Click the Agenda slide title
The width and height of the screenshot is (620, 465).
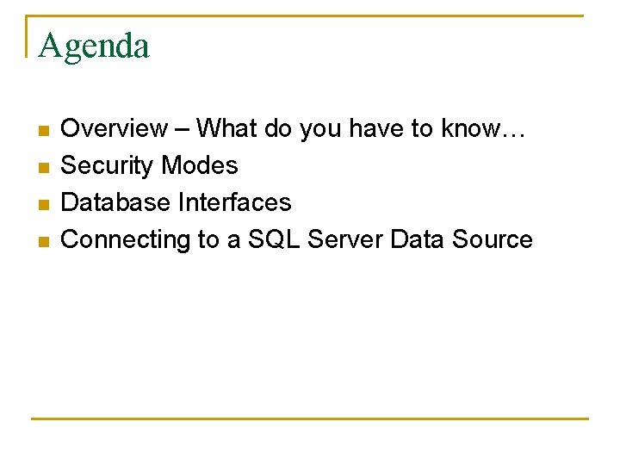coord(94,46)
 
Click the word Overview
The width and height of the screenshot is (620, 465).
coord(115,129)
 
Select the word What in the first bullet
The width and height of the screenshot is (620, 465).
coord(226,129)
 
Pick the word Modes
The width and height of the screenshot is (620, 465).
coord(200,166)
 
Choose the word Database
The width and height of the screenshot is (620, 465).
coord(116,203)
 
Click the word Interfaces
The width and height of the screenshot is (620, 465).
coord(235,203)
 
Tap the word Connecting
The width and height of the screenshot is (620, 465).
coord(126,240)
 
